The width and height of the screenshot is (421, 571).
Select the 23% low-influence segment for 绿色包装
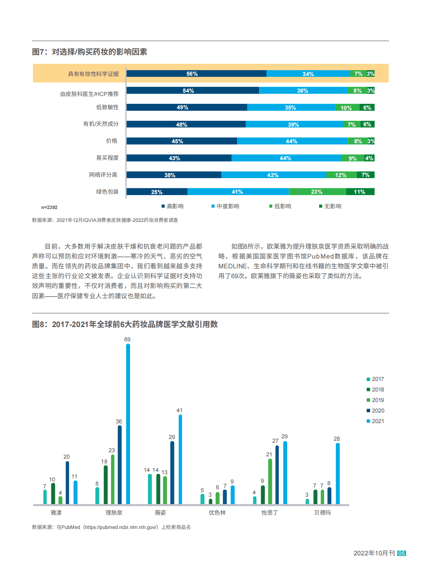point(317,192)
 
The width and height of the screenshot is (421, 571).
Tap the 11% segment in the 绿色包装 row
point(360,192)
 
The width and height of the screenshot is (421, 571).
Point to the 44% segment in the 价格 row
point(292,141)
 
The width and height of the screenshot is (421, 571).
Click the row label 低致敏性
point(107,107)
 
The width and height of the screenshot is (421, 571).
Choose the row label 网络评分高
point(103,175)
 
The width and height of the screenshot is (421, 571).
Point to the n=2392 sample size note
point(49,207)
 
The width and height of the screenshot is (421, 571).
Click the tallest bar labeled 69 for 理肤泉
point(128,424)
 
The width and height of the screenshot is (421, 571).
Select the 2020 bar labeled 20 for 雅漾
point(67,482)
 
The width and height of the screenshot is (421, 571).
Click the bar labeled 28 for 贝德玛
point(338,473)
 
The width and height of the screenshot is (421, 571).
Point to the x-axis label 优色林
point(217,513)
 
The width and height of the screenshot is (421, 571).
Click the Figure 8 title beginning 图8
point(125,324)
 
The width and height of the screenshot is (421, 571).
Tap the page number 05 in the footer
point(402,553)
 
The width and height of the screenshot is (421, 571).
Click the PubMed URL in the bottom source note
point(121,527)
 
